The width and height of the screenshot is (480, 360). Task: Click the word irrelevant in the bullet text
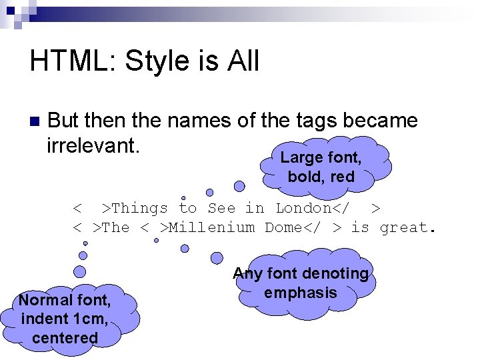coord(93,145)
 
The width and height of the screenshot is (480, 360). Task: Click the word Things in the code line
coord(139,208)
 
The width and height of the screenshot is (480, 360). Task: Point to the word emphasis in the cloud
coord(300,293)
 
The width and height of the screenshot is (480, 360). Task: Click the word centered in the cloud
coord(64,337)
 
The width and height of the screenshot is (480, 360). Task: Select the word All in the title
coord(243,61)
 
